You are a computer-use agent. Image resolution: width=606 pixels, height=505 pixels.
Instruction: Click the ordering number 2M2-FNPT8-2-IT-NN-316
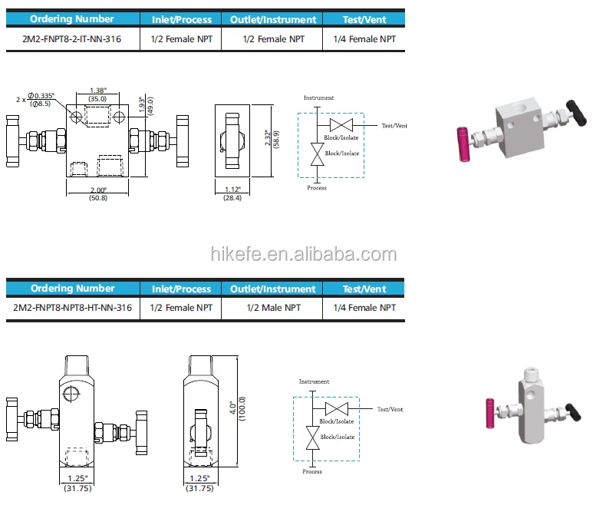pyautogui.click(x=73, y=38)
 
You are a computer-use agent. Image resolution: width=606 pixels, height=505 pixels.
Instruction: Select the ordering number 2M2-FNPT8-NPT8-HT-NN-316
pyautogui.click(x=73, y=308)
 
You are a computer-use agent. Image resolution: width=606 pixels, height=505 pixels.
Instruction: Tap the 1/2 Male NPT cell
pyautogui.click(x=272, y=308)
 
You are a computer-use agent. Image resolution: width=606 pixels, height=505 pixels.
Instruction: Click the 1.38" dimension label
pyautogui.click(x=97, y=90)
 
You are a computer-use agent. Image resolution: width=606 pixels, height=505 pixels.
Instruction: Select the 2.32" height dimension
pyautogui.click(x=267, y=138)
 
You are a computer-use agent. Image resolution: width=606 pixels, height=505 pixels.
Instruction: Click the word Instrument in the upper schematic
pyautogui.click(x=318, y=98)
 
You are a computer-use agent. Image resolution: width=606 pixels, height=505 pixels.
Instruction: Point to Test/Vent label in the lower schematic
pyautogui.click(x=390, y=409)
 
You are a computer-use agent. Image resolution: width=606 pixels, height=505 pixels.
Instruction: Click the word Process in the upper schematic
pyautogui.click(x=317, y=187)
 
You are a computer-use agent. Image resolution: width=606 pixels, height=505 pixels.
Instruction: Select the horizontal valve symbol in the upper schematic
pyautogui.click(x=340, y=125)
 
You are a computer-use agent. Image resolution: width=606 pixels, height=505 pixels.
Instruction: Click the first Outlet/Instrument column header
pyautogui.click(x=272, y=19)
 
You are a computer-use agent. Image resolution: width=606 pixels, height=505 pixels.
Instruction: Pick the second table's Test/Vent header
pyautogui.click(x=364, y=289)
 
